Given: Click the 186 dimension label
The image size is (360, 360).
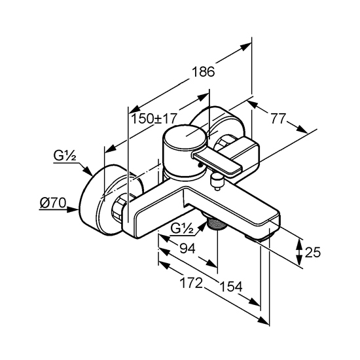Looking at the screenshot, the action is coord(204,71).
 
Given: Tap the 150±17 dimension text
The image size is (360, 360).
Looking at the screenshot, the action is coord(154,118).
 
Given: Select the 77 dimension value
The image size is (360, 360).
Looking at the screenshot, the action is coord(278,118).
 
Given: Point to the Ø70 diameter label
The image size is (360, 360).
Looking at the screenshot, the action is coord(53,203).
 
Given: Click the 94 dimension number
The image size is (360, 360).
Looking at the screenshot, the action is coord(188,248).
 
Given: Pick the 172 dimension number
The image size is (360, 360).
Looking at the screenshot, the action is coord(191,283).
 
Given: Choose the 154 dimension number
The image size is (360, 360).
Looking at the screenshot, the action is coord(231,287).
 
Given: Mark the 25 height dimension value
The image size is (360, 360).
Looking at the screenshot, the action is coord(313,252).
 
